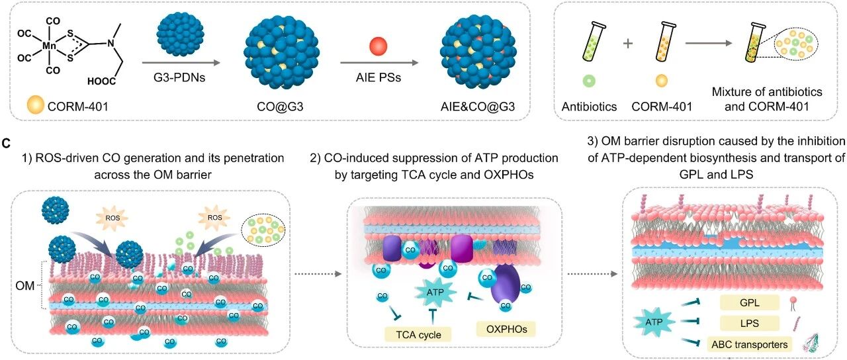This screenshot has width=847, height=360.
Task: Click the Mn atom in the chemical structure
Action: (49, 46)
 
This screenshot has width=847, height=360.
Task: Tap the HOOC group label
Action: (101, 81)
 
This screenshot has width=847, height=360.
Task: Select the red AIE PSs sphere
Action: (378, 46)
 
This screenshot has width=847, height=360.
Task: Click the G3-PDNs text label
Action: (179, 77)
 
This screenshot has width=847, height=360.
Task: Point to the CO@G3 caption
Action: (280, 107)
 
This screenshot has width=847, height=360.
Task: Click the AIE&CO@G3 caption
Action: (478, 107)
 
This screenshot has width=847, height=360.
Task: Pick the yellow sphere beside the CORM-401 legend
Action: (36, 105)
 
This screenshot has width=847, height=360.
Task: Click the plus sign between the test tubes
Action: (628, 44)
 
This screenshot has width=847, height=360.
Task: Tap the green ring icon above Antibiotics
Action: (589, 81)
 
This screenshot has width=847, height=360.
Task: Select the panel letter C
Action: (6, 144)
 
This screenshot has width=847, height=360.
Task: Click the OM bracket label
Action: (25, 285)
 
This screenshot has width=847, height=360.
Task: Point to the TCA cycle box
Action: (418, 335)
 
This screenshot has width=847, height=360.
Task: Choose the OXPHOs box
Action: (506, 329)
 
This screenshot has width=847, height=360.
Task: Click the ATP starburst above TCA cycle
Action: (435, 292)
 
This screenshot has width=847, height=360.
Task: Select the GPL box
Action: (750, 302)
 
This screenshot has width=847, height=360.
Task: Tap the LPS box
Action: (750, 324)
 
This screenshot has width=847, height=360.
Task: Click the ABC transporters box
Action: (750, 345)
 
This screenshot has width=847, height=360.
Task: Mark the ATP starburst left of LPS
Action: (654, 322)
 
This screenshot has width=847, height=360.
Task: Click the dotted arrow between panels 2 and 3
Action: (592, 274)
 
